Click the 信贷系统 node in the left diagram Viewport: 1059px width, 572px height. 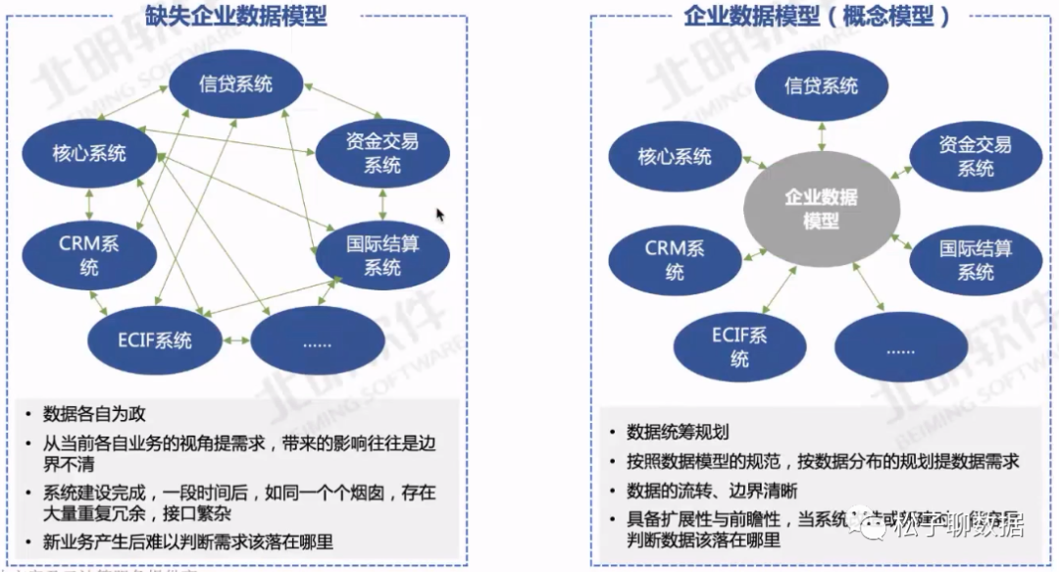tap(234, 84)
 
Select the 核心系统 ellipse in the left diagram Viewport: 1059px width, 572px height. tap(89, 154)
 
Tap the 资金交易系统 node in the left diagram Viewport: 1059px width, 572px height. tap(382, 154)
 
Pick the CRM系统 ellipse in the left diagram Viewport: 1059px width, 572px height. tap(89, 254)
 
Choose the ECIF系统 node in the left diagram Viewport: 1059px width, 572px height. tap(155, 340)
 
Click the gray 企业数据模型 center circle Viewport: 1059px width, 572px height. tap(821, 209)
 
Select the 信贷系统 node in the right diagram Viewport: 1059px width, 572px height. tap(821, 86)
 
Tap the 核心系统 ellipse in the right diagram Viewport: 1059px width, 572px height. tap(675, 156)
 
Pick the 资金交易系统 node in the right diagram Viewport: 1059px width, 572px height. tap(976, 156)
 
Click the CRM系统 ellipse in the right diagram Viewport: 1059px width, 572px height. tap(675, 260)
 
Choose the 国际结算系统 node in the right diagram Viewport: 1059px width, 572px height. tap(976, 260)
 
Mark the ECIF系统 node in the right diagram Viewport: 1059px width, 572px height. tap(739, 347)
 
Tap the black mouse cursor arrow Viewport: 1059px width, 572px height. tap(440, 213)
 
